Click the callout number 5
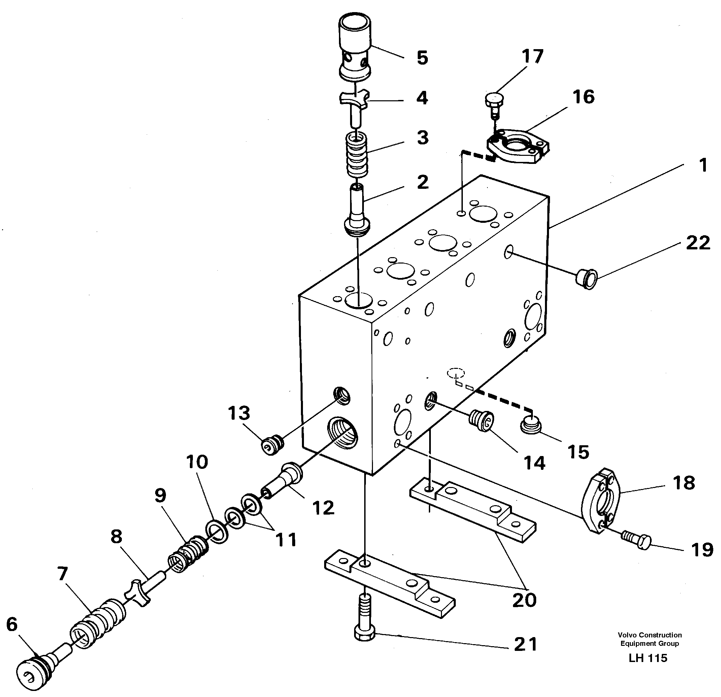click(422, 58)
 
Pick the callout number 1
click(703, 165)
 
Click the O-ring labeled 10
click(217, 532)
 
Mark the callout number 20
click(524, 600)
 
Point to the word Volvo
click(627, 645)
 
